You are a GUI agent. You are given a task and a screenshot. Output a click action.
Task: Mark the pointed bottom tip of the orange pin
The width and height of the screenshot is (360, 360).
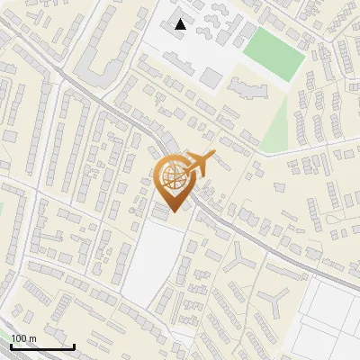tap(172, 211)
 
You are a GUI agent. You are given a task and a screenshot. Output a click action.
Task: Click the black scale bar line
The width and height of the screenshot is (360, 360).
tap(42, 346)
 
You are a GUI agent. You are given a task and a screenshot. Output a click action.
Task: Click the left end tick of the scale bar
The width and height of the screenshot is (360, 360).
tap(12, 345)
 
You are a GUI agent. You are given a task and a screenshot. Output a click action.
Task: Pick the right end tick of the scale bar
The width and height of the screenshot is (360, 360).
tap(73, 345)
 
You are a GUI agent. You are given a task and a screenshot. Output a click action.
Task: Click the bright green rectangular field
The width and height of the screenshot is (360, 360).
tap(275, 51)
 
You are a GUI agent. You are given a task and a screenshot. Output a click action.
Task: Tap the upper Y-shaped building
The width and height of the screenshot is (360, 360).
tap(240, 259)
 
